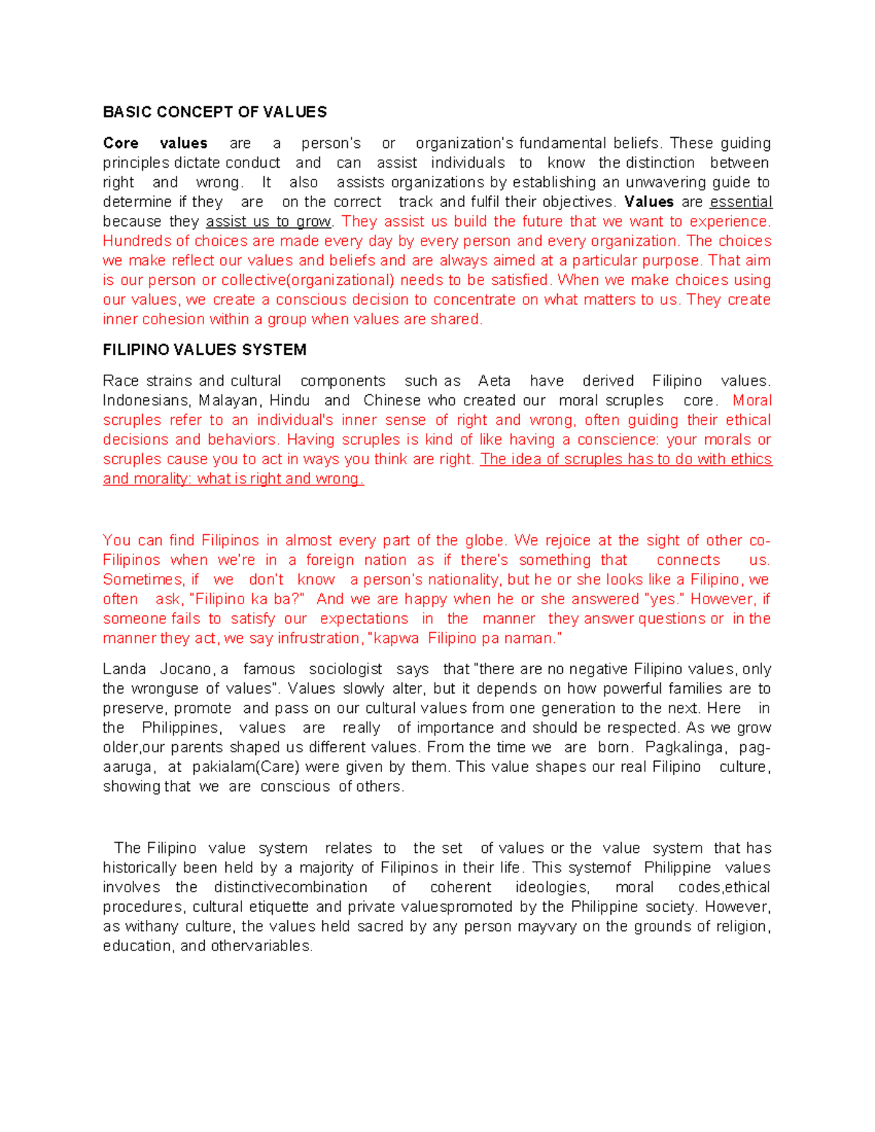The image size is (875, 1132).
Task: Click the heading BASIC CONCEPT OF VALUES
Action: coord(214,112)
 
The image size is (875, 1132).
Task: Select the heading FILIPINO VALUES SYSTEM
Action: coord(204,350)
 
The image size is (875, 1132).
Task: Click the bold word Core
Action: coord(120,144)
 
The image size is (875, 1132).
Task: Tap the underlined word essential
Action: coord(740,202)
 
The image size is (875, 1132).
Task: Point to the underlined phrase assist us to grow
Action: coord(268,222)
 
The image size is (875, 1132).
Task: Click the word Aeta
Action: coord(494,381)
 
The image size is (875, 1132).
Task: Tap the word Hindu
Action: coord(289,401)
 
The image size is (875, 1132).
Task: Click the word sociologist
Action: coord(345,669)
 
